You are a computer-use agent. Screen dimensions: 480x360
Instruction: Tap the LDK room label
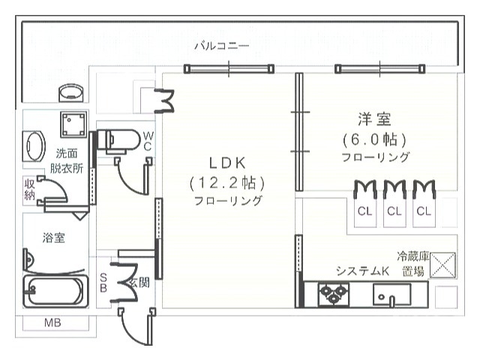coord(227,163)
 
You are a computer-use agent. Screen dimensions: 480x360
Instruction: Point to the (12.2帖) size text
coord(226,183)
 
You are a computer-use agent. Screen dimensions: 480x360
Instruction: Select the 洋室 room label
coord(375,119)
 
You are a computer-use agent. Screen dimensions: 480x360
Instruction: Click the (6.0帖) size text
coord(375,139)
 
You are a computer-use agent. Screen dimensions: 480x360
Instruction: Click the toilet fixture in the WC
coord(118,141)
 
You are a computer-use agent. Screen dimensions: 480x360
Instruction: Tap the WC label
coord(148,141)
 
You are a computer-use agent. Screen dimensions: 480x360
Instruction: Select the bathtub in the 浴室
coord(55,291)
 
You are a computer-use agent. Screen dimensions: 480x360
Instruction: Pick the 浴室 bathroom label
coord(53,238)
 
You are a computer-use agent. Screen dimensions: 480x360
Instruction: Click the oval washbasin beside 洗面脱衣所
coord(34,146)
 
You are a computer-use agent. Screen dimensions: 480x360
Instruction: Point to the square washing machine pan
coord(73,124)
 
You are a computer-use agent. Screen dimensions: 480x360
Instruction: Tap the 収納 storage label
coord(29,190)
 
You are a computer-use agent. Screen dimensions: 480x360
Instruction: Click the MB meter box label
coord(52,322)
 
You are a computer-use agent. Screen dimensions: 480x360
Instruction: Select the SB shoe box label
coord(103,283)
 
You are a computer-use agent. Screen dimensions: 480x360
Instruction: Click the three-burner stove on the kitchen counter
coord(334,295)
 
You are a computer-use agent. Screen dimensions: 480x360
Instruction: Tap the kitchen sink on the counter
coord(391,295)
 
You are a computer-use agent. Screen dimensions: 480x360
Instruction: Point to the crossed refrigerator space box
coord(442,265)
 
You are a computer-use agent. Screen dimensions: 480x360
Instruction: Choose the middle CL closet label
coord(394,211)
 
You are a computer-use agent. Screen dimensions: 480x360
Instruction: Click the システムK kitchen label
coord(362,271)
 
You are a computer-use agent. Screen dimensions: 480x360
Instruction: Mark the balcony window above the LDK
coord(229,69)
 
